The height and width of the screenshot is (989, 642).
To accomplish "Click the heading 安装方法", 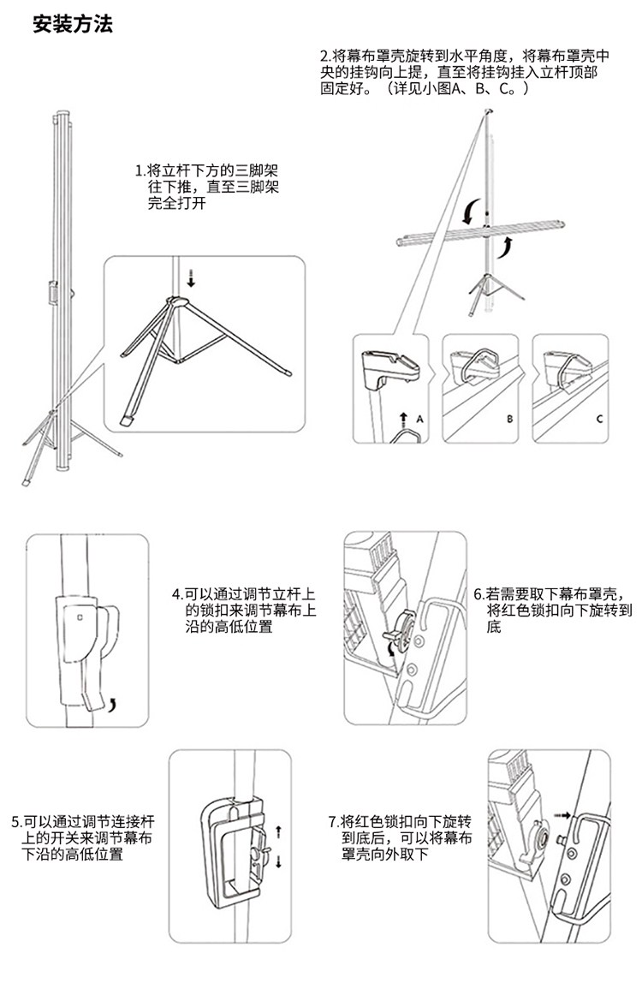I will (72, 25).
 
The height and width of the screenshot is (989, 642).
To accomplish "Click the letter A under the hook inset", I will (420, 420).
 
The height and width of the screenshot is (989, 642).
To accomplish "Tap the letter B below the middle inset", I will (509, 420).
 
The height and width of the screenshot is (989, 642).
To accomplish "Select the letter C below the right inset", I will (599, 420).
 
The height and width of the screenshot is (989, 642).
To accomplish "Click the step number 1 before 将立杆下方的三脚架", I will (140, 170).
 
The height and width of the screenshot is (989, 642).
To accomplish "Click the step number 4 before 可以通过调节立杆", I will (175, 593).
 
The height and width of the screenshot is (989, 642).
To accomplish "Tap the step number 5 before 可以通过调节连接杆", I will (16, 822).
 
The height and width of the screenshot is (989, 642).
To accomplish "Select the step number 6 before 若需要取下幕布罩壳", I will (478, 593).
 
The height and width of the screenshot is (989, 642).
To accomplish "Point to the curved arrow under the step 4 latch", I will (114, 704).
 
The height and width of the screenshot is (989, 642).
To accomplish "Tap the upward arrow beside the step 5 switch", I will (278, 831).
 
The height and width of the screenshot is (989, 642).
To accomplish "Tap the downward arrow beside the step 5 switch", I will (278, 862).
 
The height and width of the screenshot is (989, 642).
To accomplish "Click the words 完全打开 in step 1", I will (177, 204).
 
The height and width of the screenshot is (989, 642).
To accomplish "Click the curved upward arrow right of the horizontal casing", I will (507, 247).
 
